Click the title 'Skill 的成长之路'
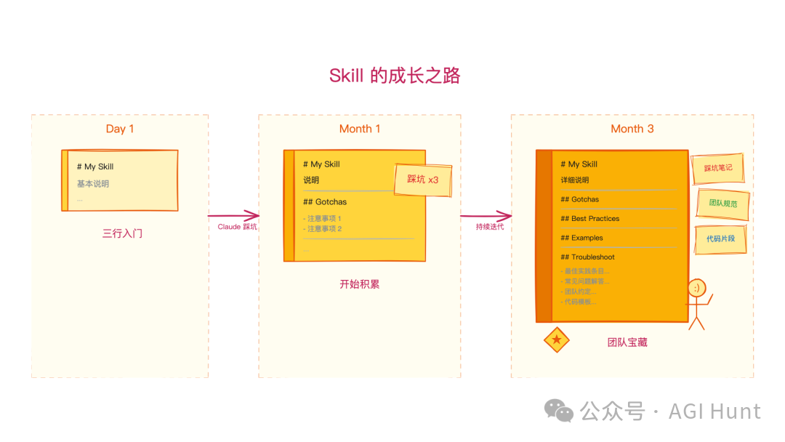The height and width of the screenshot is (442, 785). click(395, 76)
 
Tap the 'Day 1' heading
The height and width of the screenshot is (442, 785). click(120, 129)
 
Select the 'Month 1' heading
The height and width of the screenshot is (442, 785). click(360, 129)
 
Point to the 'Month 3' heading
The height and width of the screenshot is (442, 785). click(632, 129)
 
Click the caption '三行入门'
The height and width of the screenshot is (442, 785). click(120, 233)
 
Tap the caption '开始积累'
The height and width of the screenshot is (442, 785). click(359, 284)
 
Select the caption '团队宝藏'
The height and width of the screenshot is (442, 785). click(627, 342)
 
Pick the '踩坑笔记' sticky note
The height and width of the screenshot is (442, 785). click(717, 168)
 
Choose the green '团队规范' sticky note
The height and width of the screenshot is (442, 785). click(722, 204)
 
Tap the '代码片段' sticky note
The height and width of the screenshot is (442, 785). click(720, 238)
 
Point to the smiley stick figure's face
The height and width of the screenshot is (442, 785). click(696, 288)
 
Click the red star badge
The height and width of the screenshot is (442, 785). click(557, 339)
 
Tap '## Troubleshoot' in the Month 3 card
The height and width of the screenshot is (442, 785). click(587, 257)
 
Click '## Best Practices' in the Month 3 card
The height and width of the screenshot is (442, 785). click(589, 219)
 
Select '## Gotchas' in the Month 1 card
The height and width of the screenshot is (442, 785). click(325, 202)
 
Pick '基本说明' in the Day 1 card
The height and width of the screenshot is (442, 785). click(93, 184)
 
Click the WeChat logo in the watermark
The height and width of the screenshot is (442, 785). click(559, 411)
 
